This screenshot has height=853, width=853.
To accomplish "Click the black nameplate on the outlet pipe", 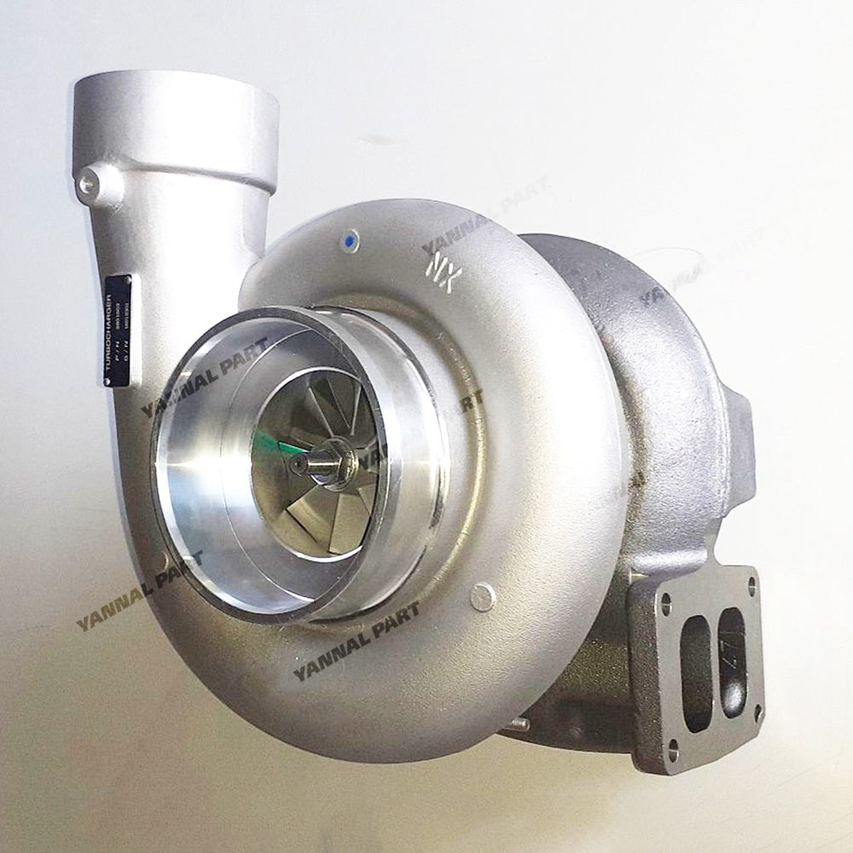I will pos(118,318).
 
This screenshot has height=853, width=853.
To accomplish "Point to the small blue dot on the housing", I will pos(353,240).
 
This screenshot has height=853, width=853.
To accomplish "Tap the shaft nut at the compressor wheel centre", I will pos(322,461).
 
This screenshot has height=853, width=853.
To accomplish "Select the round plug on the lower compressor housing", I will pos(483,597).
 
